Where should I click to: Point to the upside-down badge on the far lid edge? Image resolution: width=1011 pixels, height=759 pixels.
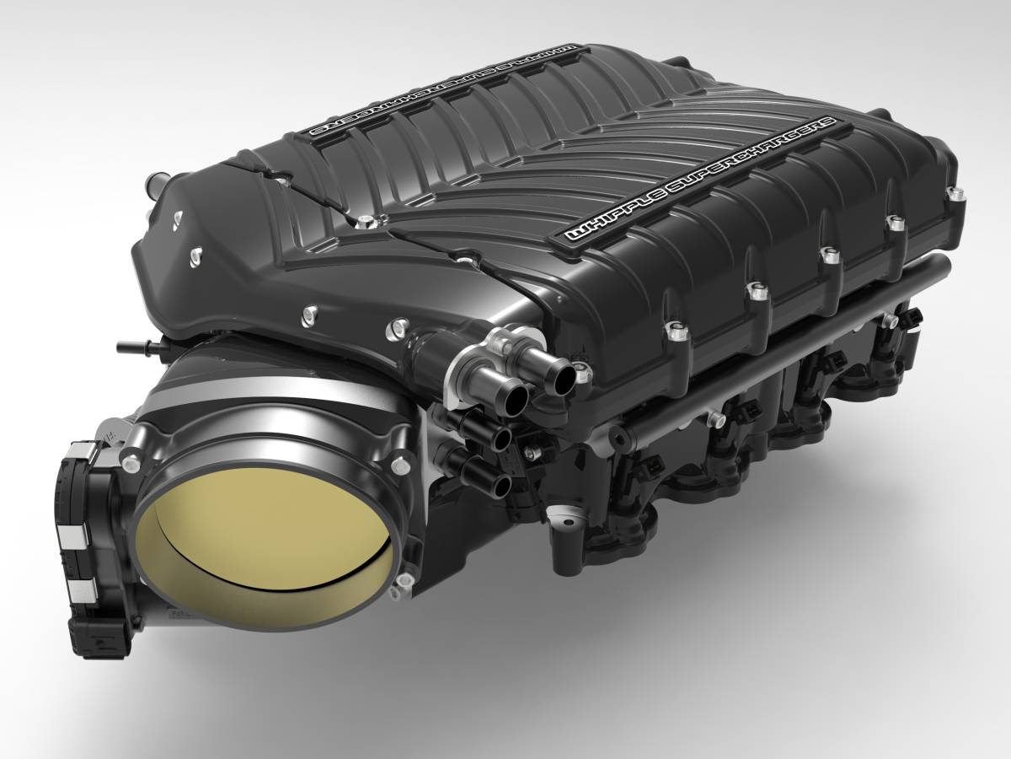click(442, 89)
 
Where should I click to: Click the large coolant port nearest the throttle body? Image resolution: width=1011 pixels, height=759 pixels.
click(513, 395)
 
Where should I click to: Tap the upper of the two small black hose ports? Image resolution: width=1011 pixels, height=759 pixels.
click(504, 439)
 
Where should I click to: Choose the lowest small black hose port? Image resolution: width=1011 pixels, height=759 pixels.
click(500, 484)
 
